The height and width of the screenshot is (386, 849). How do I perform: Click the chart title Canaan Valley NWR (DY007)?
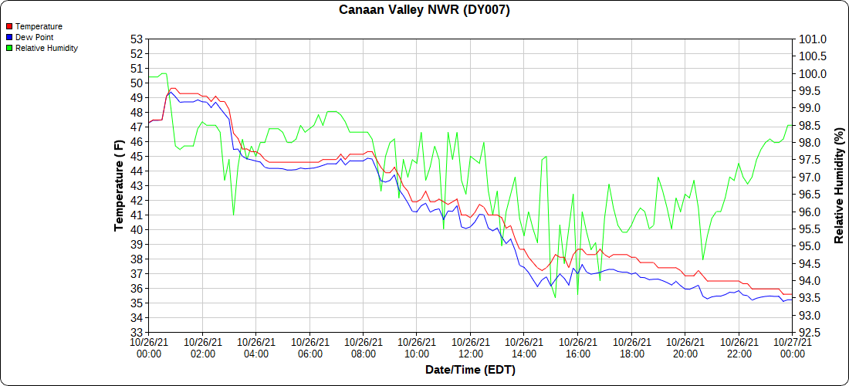point(424,10)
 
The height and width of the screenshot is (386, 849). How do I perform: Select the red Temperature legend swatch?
point(8,27)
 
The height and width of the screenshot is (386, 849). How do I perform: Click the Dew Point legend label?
point(35,37)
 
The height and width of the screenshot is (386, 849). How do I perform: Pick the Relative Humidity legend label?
point(46,48)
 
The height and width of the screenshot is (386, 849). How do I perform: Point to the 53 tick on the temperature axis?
point(137,39)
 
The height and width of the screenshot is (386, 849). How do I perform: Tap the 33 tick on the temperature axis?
point(137,333)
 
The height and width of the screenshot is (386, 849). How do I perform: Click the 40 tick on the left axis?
point(137,230)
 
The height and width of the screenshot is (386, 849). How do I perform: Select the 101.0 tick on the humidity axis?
point(813,39)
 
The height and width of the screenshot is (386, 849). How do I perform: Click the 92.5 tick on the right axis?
point(811,333)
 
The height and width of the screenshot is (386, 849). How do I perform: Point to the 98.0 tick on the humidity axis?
point(811,143)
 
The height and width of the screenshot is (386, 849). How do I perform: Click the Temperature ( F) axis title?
point(119,185)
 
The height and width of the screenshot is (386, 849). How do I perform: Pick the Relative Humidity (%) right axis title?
point(839,186)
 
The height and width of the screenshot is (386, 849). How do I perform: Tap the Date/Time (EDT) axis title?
point(470,371)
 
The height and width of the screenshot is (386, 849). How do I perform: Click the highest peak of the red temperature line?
point(171,88)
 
